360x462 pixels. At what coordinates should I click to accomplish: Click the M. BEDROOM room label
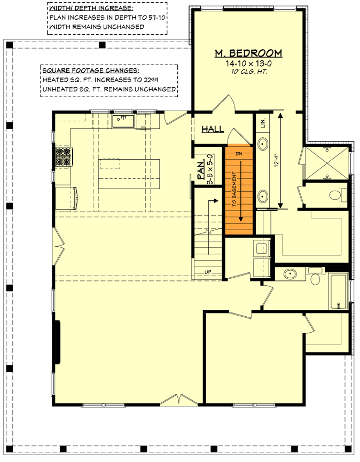[x=248, y=53]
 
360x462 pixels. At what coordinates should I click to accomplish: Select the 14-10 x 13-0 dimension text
[x=248, y=63]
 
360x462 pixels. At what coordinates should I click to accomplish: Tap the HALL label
[x=212, y=130]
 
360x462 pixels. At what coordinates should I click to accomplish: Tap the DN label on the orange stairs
[x=238, y=153]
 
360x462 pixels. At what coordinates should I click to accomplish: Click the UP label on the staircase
[x=208, y=273]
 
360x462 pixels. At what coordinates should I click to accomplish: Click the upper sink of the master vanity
[x=263, y=144]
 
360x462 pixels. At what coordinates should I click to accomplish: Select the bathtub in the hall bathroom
[x=338, y=291]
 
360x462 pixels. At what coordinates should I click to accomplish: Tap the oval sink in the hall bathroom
[x=290, y=275]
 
